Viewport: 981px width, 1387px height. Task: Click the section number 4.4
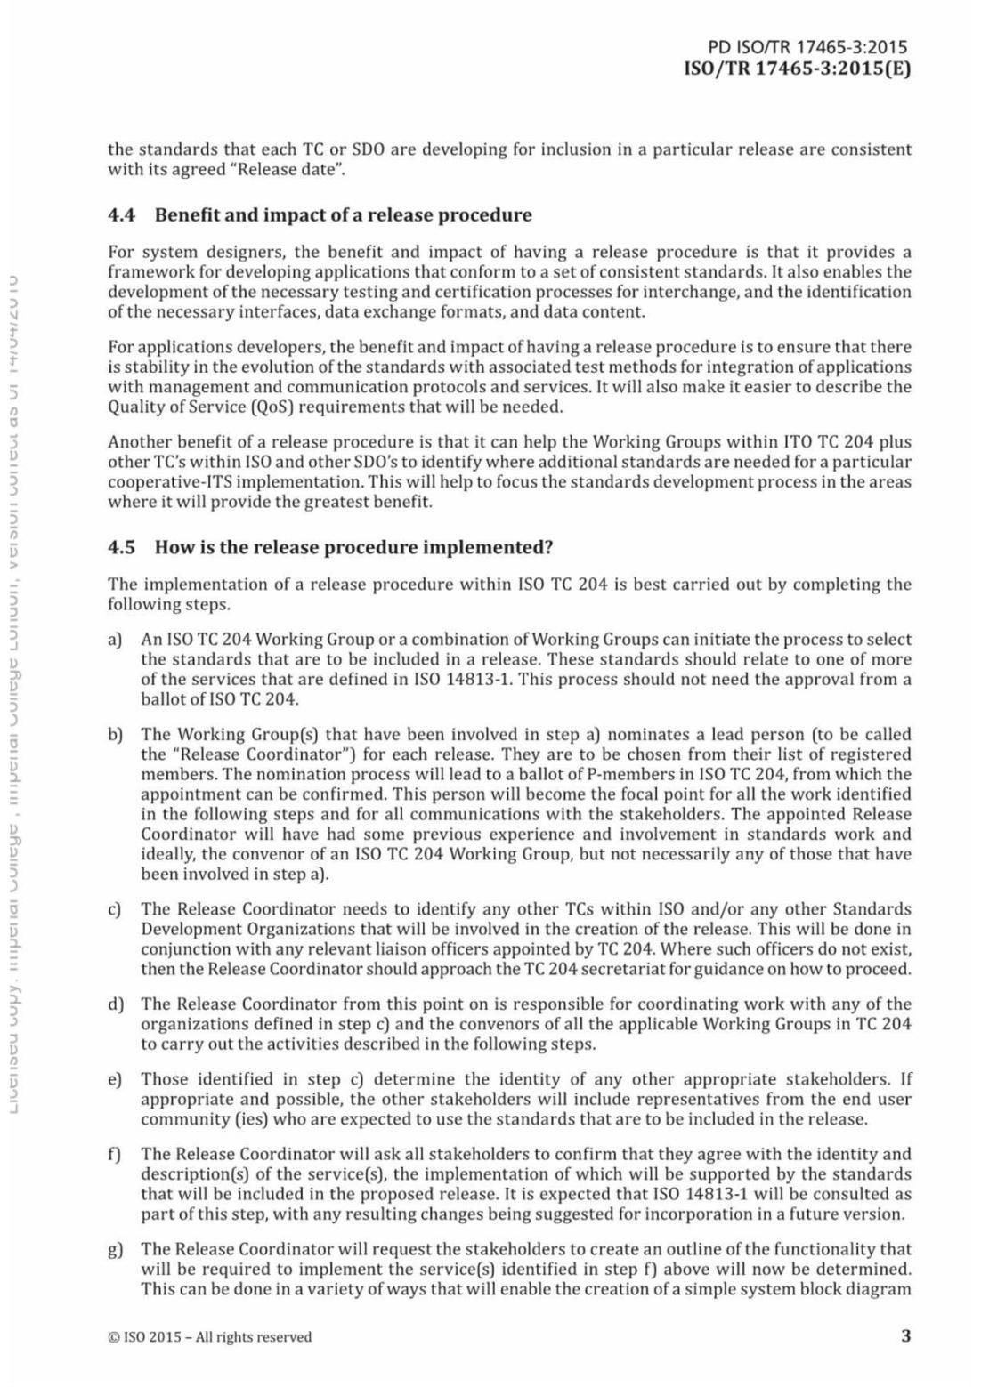pos(121,215)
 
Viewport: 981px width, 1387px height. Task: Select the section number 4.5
pos(121,547)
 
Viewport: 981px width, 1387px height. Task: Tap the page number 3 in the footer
pos(905,1335)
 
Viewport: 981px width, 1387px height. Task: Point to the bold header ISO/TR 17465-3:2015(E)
pos(797,69)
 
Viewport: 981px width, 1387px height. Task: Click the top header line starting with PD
pos(807,48)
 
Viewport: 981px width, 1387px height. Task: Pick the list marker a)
pos(115,640)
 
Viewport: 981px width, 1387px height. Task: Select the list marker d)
pos(115,1004)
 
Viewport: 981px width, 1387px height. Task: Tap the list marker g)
pos(115,1250)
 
